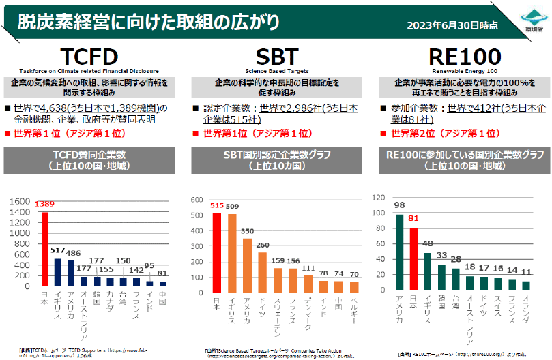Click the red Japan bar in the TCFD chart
point(45,249)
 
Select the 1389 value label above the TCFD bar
point(46,204)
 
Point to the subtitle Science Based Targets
point(276,70)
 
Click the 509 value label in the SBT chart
point(232,207)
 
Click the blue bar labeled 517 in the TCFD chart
point(58,272)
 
